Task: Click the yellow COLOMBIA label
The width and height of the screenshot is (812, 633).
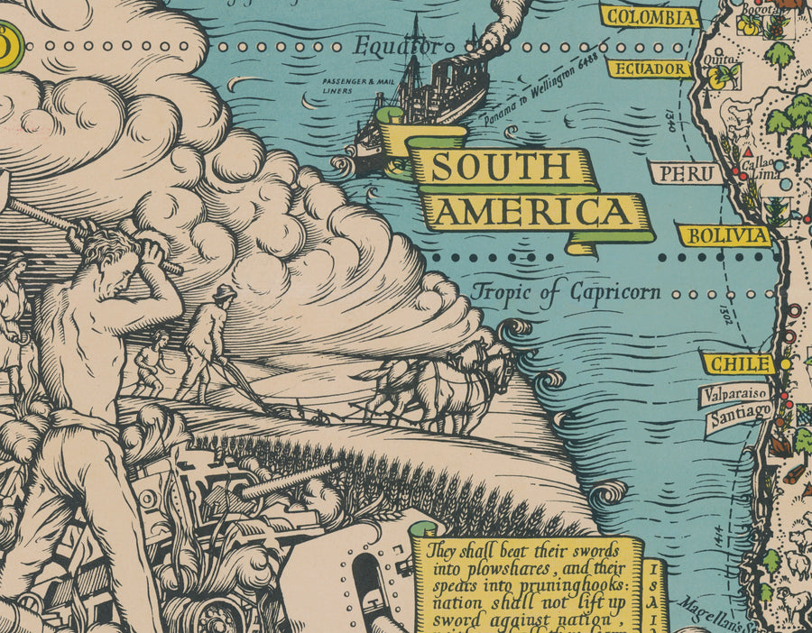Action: [651, 17]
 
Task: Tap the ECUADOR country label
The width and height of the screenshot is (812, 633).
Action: [649, 69]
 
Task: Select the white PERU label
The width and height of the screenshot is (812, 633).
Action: [686, 173]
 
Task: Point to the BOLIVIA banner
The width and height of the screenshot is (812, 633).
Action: [725, 236]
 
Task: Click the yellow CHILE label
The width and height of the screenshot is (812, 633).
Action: [738, 364]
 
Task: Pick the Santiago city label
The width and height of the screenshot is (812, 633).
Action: [739, 416]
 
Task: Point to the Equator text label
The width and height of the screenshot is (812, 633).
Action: [396, 45]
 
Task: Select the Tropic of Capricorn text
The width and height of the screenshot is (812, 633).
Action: [566, 292]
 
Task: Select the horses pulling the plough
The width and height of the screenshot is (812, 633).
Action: [441, 384]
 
